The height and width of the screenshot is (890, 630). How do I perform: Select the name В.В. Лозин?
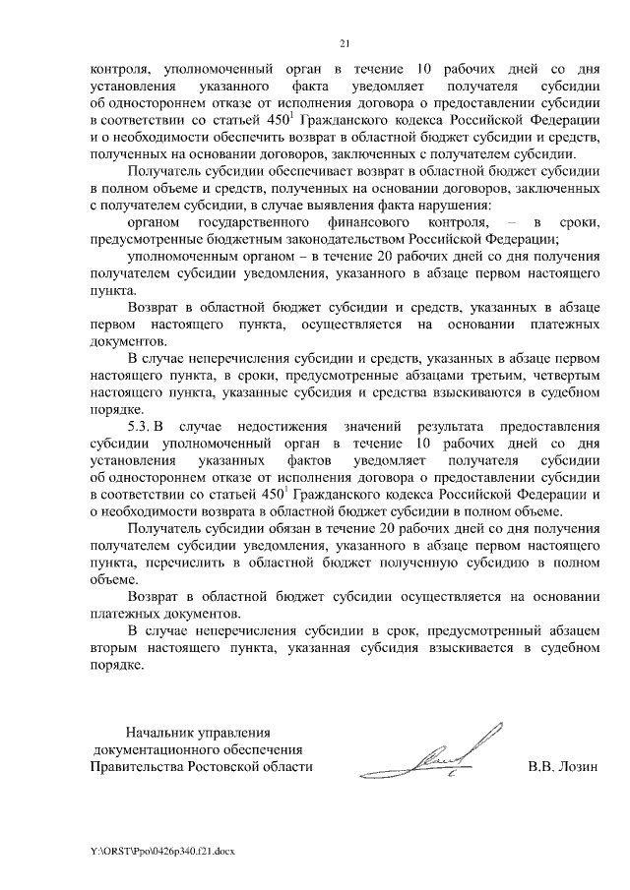click(x=563, y=766)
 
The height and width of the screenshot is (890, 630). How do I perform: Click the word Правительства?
click(x=134, y=766)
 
